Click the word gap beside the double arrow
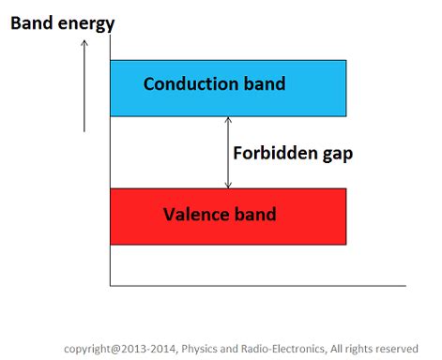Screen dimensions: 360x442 tap(335, 155)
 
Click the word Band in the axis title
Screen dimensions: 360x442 tap(30, 21)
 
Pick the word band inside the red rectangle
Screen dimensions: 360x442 tap(253, 215)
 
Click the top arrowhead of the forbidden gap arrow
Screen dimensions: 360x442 tap(227, 120)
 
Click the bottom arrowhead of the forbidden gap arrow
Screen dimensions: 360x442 tap(227, 185)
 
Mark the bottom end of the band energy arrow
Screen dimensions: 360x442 tap(84, 131)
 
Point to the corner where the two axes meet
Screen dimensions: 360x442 tap(110, 285)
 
